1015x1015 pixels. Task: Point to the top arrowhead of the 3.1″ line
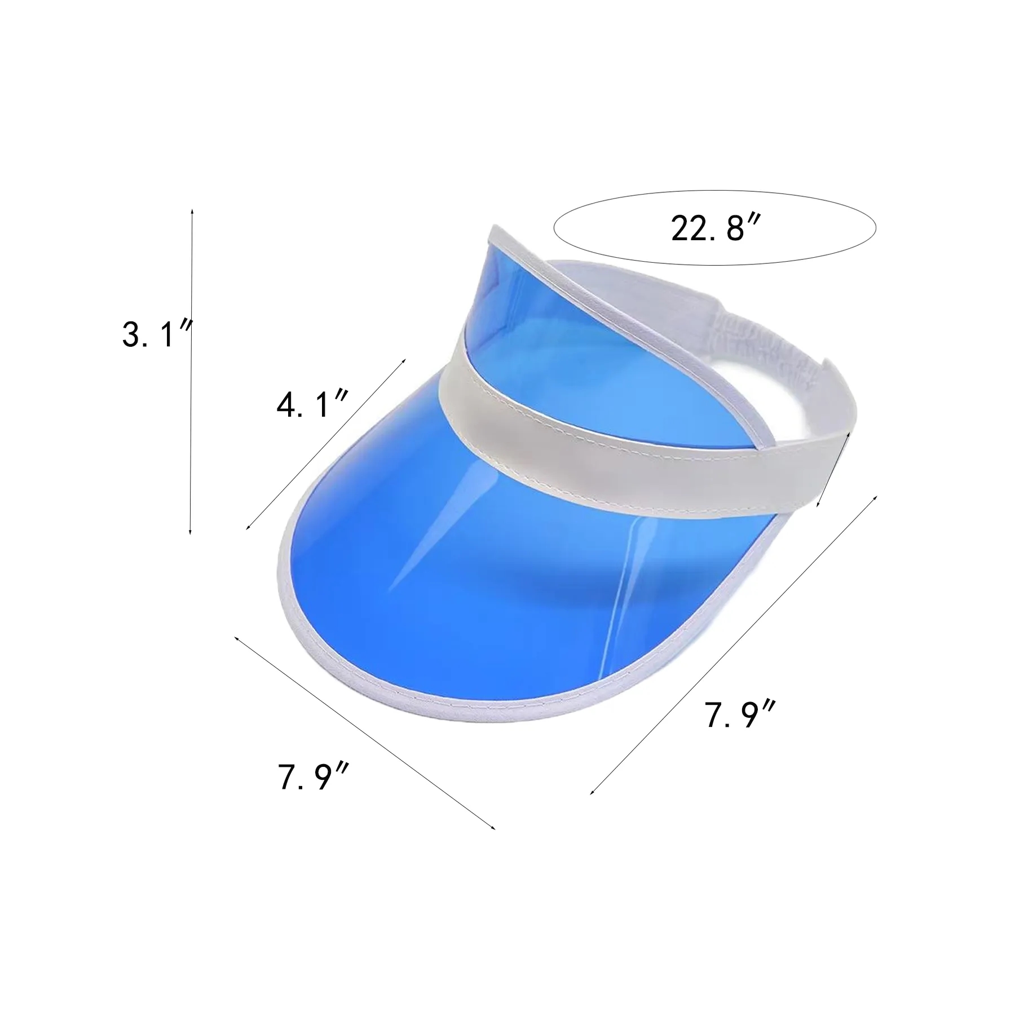(x=193, y=210)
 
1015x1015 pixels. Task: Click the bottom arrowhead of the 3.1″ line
(x=191, y=532)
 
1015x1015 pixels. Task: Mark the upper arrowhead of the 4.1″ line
(x=403, y=360)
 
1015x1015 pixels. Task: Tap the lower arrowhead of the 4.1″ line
(x=249, y=527)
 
